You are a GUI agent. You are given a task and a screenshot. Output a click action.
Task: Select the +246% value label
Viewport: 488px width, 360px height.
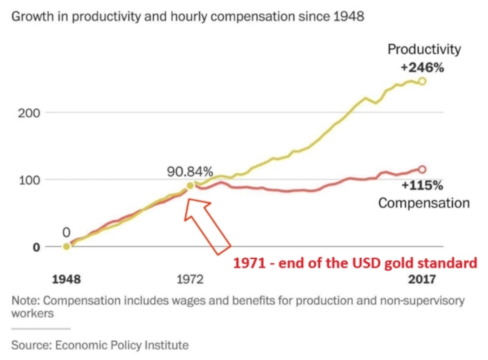(x=422, y=68)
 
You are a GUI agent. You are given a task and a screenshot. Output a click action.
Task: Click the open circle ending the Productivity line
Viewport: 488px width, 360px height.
(x=422, y=81)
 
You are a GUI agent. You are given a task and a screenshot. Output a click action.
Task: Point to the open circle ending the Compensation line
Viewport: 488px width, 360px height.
(x=422, y=170)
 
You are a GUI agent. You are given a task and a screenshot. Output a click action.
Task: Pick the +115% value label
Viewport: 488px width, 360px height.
(x=422, y=186)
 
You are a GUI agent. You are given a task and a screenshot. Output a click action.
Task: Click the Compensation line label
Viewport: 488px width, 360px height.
(x=424, y=203)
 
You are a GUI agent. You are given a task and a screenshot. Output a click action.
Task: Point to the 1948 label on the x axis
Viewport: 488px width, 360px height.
(x=66, y=279)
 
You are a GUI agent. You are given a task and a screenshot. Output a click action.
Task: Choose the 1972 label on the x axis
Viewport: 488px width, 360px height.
(x=190, y=279)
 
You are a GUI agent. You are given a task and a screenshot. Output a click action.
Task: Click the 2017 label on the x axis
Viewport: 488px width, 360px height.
(x=422, y=279)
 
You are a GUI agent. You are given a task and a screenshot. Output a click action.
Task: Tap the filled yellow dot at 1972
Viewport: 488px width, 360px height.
(x=190, y=186)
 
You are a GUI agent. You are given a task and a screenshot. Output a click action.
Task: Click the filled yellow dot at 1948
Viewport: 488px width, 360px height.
(x=67, y=246)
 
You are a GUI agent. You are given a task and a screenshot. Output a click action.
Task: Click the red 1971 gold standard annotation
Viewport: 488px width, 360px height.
(x=355, y=263)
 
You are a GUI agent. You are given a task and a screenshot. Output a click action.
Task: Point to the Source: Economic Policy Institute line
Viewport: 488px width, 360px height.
(x=100, y=345)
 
